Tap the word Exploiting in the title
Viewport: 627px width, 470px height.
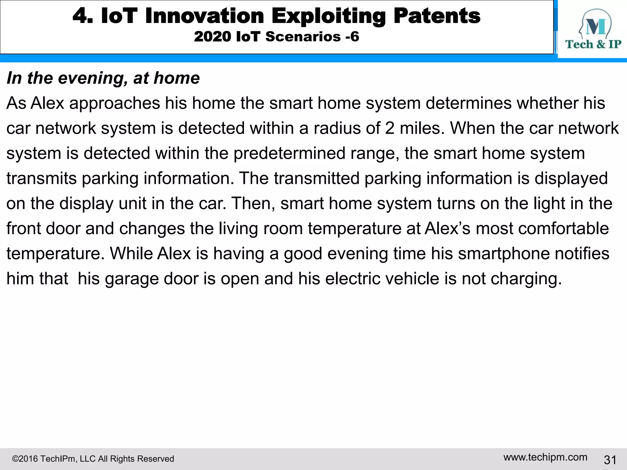(329, 17)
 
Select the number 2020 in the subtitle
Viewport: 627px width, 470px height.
(212, 37)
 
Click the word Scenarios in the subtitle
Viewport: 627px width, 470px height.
(303, 37)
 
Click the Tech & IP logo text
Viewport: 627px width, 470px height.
(593, 44)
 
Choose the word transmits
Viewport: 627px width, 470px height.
(41, 178)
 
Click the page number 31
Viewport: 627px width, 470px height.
(610, 460)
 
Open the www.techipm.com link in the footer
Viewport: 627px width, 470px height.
(545, 457)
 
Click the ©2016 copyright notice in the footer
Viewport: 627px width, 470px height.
(93, 459)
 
